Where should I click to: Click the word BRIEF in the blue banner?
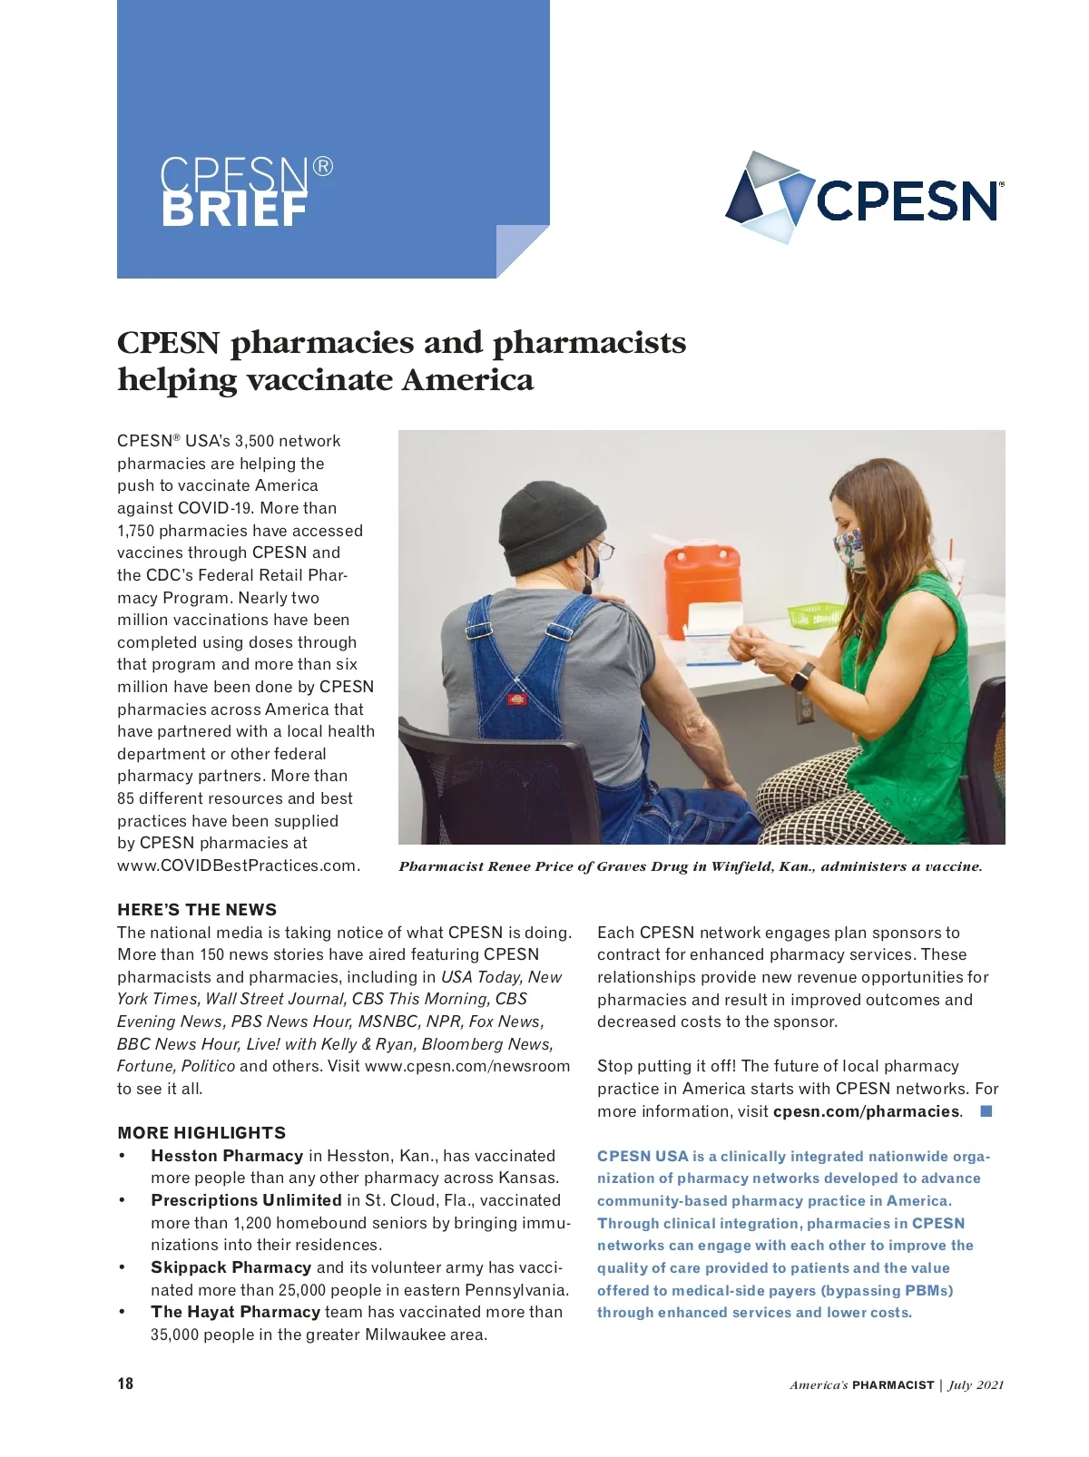235,210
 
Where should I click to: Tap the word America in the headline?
467,379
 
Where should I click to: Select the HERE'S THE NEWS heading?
197,910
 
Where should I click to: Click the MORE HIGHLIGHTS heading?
201,1133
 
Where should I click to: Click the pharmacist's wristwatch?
802,676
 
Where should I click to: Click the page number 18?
125,1384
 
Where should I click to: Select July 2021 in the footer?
976,1385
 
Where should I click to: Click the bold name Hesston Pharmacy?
227,1156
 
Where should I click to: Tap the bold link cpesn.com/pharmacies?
866,1111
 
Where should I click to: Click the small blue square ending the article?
986,1111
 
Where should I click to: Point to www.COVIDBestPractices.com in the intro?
238,865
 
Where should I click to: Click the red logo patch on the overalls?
518,699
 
